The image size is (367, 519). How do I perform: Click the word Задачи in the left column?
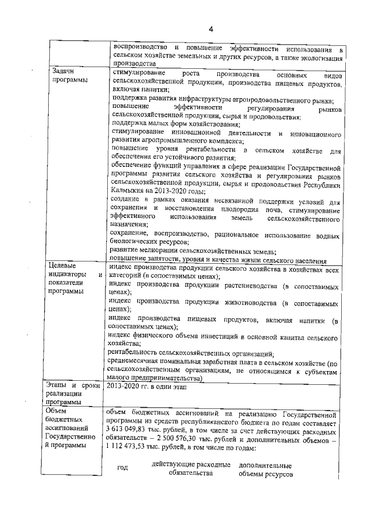[63, 71]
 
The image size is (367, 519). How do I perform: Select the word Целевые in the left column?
[61, 265]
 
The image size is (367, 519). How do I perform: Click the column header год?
[122, 468]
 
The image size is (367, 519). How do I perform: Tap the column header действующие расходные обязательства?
[191, 469]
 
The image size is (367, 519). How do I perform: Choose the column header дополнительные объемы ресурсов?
[266, 469]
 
